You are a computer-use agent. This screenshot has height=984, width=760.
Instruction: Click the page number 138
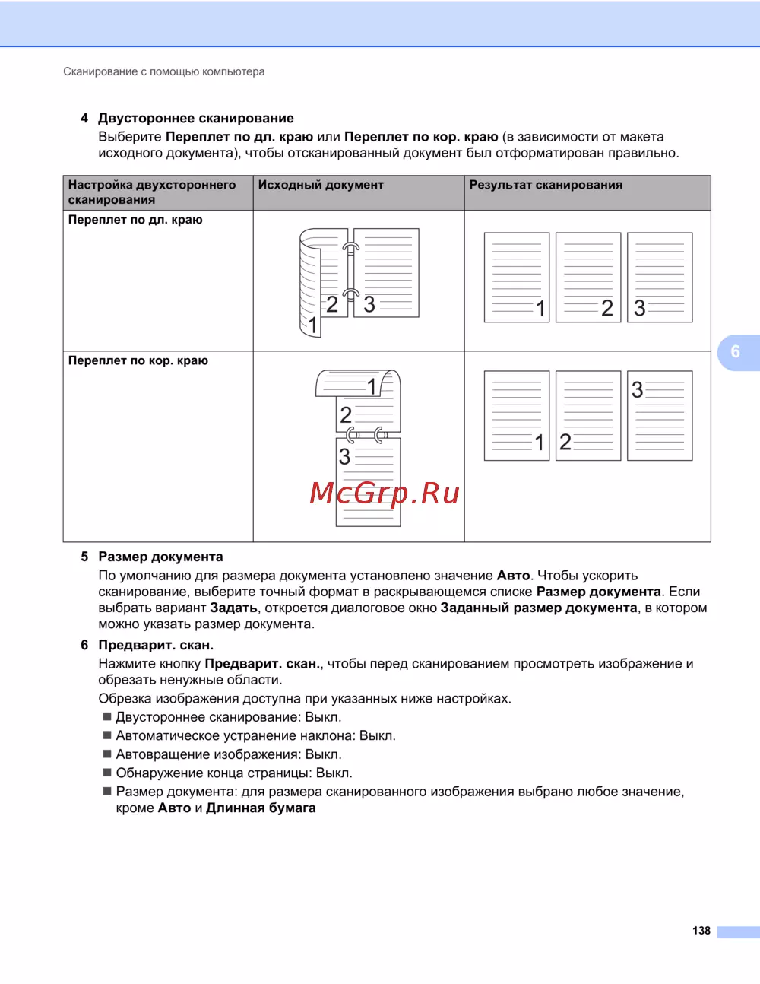click(701, 931)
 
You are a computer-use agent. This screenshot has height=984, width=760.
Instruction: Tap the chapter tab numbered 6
click(736, 351)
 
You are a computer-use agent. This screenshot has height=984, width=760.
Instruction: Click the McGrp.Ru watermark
click(385, 494)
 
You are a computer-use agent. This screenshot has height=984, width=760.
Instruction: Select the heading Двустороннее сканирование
click(195, 119)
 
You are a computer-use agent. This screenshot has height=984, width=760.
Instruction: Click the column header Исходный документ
click(321, 185)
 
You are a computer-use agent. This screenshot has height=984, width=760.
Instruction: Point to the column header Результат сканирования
click(546, 185)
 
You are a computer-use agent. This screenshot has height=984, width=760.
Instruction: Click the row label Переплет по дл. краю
click(135, 220)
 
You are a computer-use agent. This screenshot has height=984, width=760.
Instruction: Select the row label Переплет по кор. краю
click(138, 360)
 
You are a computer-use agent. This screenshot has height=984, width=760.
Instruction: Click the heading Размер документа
click(160, 557)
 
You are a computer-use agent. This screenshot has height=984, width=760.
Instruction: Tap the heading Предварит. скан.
click(156, 645)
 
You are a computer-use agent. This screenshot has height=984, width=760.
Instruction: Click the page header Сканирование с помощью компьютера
click(164, 71)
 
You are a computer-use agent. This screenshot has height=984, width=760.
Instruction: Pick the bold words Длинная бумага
click(261, 808)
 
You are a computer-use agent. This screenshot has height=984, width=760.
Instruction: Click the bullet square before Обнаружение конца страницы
click(107, 773)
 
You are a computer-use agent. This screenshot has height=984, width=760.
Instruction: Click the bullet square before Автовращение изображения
click(107, 754)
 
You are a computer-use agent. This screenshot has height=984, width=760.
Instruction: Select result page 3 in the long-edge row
click(660, 278)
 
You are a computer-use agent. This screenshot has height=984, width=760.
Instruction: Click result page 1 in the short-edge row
click(517, 416)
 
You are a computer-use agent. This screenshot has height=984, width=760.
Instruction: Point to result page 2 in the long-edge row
click(588, 278)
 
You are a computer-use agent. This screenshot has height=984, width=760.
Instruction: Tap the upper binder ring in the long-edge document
click(350, 248)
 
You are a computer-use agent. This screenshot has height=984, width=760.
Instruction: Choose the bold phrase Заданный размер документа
click(539, 608)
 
